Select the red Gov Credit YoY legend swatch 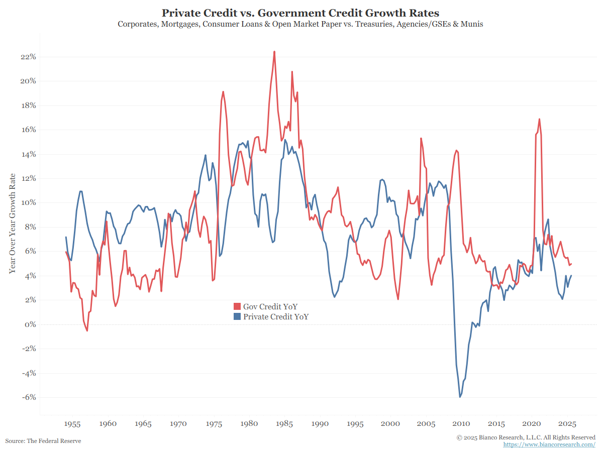(237, 307)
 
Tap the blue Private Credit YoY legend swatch (237, 317)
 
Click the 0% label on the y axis (30, 324)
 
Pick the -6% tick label (28, 397)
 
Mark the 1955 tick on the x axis (73, 424)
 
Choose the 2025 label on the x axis (567, 424)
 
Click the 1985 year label (285, 424)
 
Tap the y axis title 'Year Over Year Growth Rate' (12, 223)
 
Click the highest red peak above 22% (274, 51)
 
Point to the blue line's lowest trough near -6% (460, 397)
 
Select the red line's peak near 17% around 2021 (539, 119)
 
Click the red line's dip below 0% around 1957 (87, 330)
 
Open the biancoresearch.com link (549, 445)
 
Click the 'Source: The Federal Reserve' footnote (43, 441)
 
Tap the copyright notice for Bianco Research (526, 437)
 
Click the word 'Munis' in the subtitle (472, 24)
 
